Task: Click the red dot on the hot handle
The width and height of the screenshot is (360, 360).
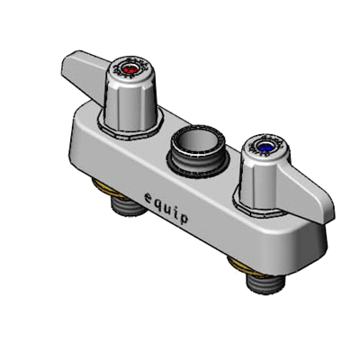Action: pos(130,71)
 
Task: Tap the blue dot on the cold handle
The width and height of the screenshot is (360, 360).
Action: pos(265,147)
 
